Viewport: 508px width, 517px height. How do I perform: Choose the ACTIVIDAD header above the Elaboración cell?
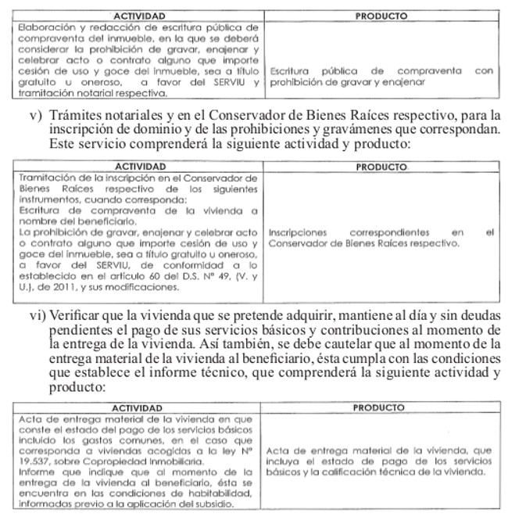pyautogui.click(x=138, y=16)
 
